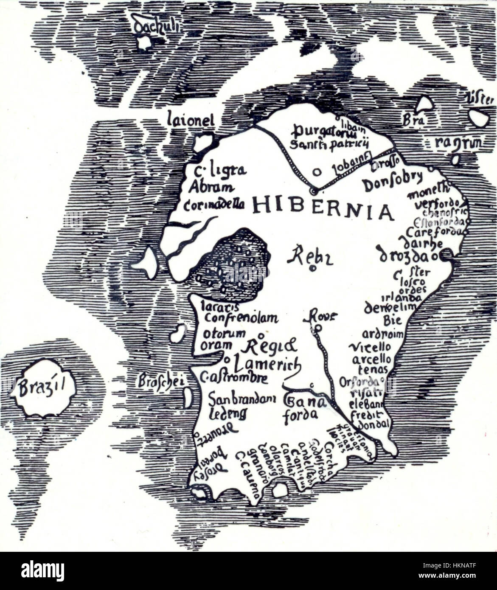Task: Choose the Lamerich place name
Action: point(268,363)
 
